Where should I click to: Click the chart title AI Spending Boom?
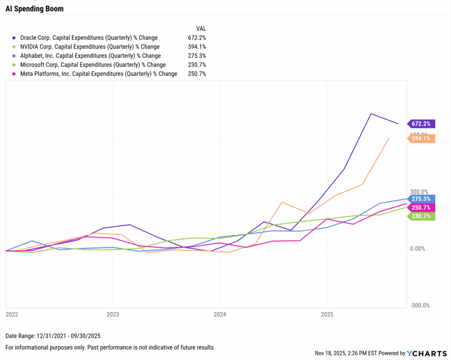click(x=34, y=9)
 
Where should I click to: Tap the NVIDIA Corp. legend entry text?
click(x=90, y=47)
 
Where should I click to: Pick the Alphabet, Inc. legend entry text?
click(x=90, y=56)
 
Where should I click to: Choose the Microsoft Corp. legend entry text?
click(x=93, y=65)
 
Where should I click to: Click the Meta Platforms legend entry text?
click(x=99, y=74)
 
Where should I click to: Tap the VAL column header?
click(x=201, y=28)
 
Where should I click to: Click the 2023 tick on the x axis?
click(x=113, y=314)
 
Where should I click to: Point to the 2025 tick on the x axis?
click(x=326, y=314)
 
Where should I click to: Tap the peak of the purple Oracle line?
click(x=371, y=114)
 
